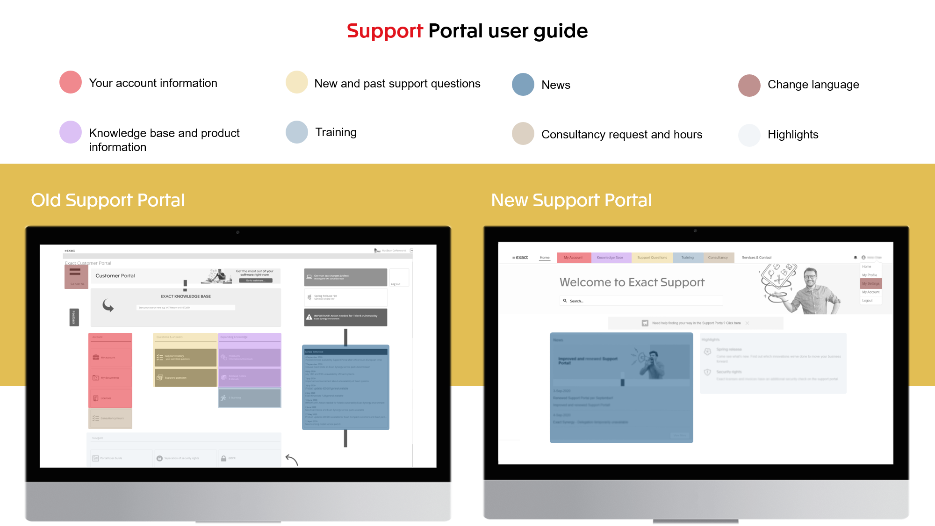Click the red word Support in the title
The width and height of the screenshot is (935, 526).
(x=384, y=31)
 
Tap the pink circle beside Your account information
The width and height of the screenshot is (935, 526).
(x=71, y=82)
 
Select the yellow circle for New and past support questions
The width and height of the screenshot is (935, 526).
(x=297, y=82)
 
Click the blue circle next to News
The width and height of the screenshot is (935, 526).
(x=523, y=85)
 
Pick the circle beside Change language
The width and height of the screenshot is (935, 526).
(x=749, y=86)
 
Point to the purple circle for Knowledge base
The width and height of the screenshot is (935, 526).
(x=71, y=132)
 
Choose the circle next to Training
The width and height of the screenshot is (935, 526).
(x=297, y=132)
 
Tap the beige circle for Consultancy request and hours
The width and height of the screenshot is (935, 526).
(x=523, y=134)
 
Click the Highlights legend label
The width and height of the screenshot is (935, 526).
(x=793, y=135)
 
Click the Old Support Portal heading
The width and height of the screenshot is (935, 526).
(x=108, y=200)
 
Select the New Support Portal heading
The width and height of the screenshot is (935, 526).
(x=571, y=200)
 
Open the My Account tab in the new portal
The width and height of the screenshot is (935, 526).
(x=573, y=258)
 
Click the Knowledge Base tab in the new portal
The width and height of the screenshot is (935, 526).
(x=610, y=258)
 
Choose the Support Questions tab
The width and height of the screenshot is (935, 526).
(x=652, y=258)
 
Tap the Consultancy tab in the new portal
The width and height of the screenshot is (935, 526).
(x=718, y=258)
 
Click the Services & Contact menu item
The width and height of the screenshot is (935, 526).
(x=757, y=258)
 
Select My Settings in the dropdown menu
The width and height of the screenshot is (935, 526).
(x=871, y=284)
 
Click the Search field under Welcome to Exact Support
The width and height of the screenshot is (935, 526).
(x=640, y=301)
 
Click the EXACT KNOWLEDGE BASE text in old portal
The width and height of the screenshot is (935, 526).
(x=186, y=296)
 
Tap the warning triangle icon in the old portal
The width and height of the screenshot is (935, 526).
(x=309, y=317)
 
